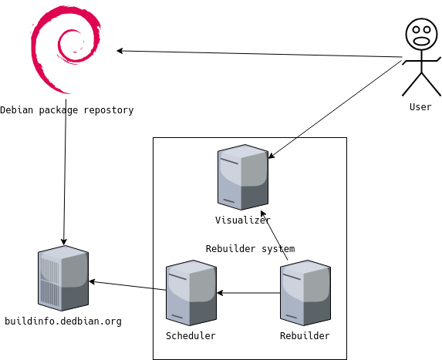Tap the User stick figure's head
pos(422,35)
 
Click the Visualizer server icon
pos(243,177)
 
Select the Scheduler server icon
pos(191,293)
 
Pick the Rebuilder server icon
pos(305,293)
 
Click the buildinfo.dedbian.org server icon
pos(63,278)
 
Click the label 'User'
pos(420,107)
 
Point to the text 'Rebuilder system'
pos(251,249)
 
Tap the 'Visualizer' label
pos(243,220)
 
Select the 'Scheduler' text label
pos(191,336)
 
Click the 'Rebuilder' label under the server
pos(305,336)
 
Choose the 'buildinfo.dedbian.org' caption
pos(63,321)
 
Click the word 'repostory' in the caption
pos(109,110)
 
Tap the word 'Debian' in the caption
pos(17,110)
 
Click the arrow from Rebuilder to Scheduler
pos(248,293)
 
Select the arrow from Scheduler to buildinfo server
pos(127,285)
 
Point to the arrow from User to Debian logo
pos(259,54)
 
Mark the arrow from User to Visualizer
pos(335,109)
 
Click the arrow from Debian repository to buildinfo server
pos(65,172)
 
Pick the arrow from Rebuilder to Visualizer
pos(275,235)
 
